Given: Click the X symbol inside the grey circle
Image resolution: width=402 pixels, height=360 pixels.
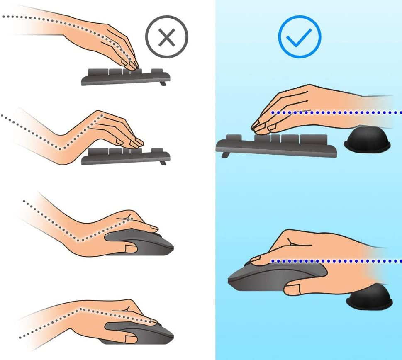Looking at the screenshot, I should [x=167, y=37].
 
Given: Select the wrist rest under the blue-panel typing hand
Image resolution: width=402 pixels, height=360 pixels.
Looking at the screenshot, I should [x=367, y=139].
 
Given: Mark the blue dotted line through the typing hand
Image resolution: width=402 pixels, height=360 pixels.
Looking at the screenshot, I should [x=336, y=112].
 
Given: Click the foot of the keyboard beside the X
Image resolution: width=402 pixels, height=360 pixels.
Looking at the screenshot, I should [x=163, y=83].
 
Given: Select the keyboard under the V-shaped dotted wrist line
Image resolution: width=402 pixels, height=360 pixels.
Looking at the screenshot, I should [x=125, y=157].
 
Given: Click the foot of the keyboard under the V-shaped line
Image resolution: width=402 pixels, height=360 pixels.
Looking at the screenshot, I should [x=163, y=163].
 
